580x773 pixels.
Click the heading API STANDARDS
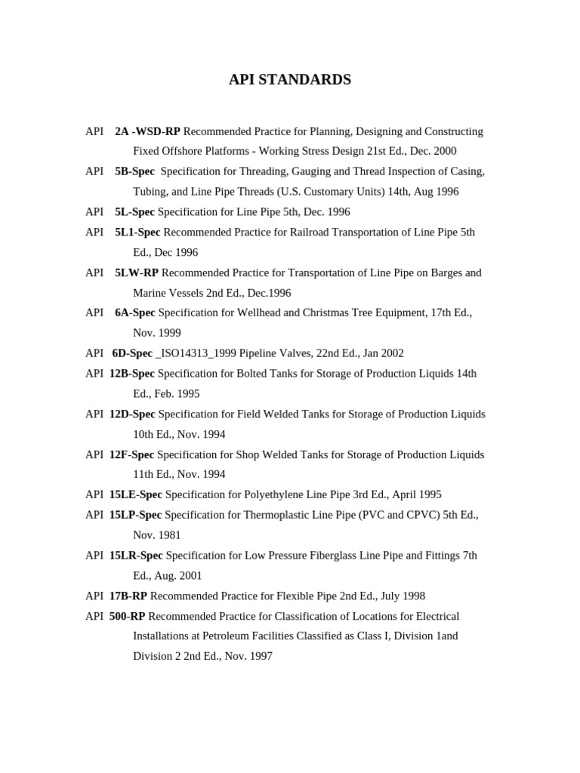[290, 80]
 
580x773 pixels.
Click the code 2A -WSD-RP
[147, 131]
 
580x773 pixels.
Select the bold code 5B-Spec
[134, 171]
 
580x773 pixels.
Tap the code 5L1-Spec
[137, 233]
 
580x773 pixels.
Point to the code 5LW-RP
[137, 273]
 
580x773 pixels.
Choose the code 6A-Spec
[135, 313]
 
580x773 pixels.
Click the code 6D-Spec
[132, 353]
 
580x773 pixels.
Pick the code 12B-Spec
[132, 374]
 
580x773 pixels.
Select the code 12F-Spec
[131, 454]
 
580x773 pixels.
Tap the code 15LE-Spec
[136, 494]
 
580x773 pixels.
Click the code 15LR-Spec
[136, 556]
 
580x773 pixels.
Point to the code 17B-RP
[128, 596]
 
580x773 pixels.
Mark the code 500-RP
[128, 616]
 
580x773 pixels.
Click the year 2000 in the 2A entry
[445, 151]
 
